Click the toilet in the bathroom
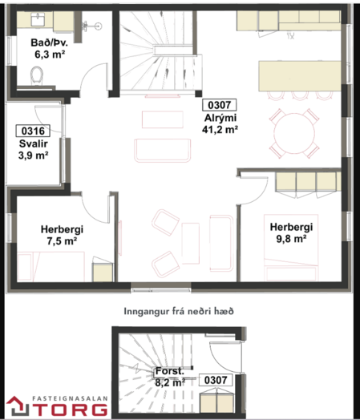[37, 75]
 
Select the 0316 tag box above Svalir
[33, 131]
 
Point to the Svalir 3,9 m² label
[33, 149]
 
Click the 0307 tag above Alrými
[219, 105]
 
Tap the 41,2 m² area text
[220, 130]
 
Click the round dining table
[294, 133]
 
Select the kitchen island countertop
[300, 76]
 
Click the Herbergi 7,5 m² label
[62, 235]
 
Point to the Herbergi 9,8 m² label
[291, 232]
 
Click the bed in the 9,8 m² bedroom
[291, 248]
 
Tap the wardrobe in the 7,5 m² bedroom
[103, 272]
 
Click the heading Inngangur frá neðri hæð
[179, 311]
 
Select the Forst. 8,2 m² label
[170, 377]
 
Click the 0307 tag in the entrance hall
[216, 380]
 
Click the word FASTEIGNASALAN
[70, 398]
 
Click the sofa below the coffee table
[162, 150]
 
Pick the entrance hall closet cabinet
[216, 403]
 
